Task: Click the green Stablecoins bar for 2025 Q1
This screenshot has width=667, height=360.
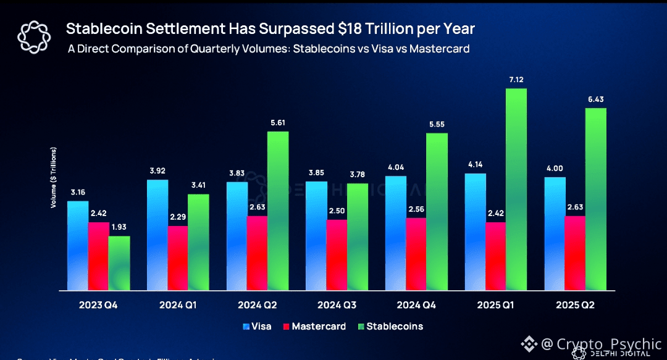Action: pos(516,189)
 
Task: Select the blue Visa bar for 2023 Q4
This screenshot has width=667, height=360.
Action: pos(77,245)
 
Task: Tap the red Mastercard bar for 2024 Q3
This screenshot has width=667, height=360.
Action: pos(336,254)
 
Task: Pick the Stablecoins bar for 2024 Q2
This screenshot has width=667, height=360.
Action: pos(277,211)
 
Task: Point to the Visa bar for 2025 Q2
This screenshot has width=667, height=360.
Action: pos(555,233)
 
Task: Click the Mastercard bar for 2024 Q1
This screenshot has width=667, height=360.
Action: pos(177,257)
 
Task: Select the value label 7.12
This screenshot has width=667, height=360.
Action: pos(516,80)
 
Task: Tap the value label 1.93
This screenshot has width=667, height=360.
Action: pos(119,228)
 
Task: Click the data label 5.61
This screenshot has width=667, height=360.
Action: pos(277,123)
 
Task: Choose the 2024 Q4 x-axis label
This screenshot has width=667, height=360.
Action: pos(416,305)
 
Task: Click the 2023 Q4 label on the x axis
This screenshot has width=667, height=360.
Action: pos(99,305)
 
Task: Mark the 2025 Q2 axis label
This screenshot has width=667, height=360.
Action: pos(576,305)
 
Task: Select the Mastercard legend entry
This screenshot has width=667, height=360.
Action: pos(313,325)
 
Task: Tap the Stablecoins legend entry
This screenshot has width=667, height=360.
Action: pos(388,325)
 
